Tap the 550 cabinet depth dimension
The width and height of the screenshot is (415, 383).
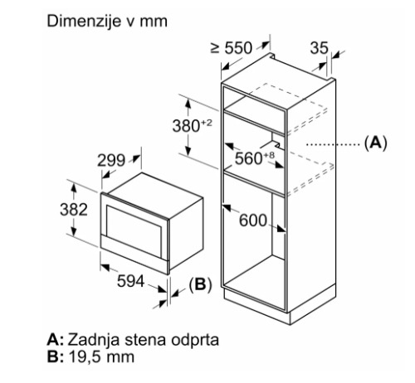pyautogui.click(x=238, y=48)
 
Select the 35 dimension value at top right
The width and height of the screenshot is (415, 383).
pyautogui.click(x=319, y=48)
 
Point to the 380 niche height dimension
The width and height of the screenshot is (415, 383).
pyautogui.click(x=186, y=126)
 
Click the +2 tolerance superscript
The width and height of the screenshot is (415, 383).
pyautogui.click(x=207, y=123)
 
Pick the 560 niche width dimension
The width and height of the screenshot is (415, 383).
pyautogui.click(x=248, y=158)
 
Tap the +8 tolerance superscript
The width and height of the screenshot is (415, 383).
pyautogui.click(x=269, y=155)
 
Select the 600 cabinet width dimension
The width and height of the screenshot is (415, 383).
pyautogui.click(x=253, y=221)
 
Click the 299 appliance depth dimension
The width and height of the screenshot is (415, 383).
pyautogui.click(x=111, y=160)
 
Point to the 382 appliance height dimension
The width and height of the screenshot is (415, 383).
pyautogui.click(x=74, y=210)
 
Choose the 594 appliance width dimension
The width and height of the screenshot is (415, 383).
pyautogui.click(x=130, y=281)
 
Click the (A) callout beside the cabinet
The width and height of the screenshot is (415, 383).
pyautogui.click(x=375, y=143)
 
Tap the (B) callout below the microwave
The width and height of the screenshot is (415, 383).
pyautogui.click(x=200, y=284)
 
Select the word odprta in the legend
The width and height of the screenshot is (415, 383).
pyautogui.click(x=195, y=340)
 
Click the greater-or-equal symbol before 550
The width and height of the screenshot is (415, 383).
pyautogui.click(x=215, y=48)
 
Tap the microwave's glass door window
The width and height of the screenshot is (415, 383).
pyautogui.click(x=134, y=231)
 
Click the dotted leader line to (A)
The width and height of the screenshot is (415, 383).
pyautogui.click(x=333, y=144)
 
